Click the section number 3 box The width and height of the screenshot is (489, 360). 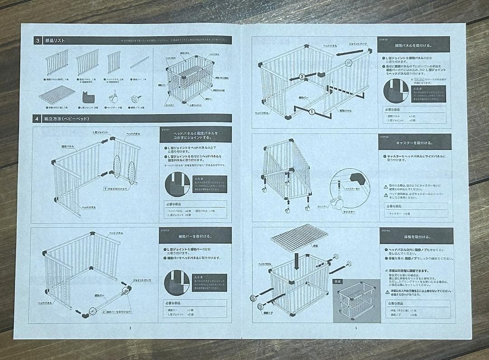click(x=37, y=40)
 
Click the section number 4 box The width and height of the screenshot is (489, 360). click(x=37, y=119)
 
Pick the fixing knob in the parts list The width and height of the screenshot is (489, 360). click(x=134, y=97)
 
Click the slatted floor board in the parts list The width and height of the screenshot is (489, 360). click(x=57, y=95)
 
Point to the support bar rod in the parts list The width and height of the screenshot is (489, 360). click(x=139, y=62)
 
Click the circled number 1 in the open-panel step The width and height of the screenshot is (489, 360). click(x=312, y=111)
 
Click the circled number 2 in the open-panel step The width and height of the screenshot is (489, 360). click(x=302, y=77)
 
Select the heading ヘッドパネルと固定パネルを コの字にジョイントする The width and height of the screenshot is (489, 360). click(x=196, y=134)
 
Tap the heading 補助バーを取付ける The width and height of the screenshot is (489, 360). click(x=196, y=236)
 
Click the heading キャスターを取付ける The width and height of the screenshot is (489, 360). click(x=414, y=142)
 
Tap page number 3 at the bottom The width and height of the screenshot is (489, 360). click(x=355, y=328)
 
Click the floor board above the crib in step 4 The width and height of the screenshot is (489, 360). click(x=298, y=237)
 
